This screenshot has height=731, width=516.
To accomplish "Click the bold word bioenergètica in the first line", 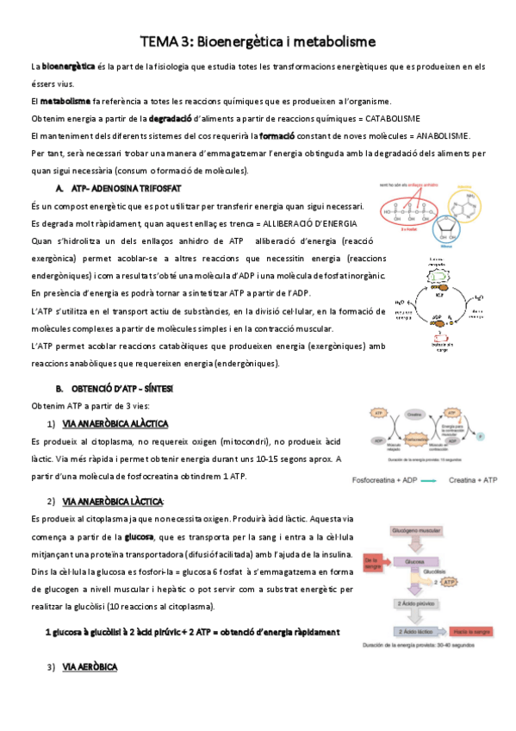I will click(x=69, y=66).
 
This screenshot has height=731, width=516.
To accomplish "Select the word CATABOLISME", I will click(x=388, y=118).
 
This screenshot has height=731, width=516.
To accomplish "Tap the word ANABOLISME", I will click(x=431, y=136).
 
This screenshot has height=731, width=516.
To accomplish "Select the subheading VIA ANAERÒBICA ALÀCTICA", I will click(x=115, y=424).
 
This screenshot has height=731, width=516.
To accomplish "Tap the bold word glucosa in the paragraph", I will click(x=140, y=536).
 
